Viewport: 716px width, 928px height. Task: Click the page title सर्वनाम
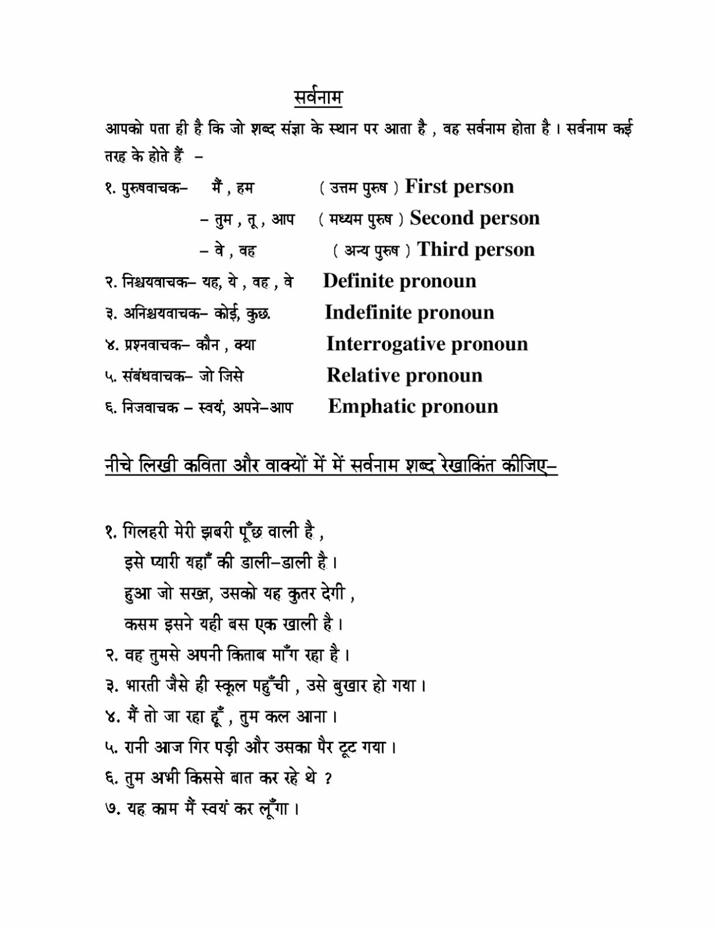tap(318, 97)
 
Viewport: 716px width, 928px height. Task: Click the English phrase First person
tap(459, 186)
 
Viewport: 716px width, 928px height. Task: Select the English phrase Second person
tap(474, 218)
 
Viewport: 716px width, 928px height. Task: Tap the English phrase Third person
tap(475, 250)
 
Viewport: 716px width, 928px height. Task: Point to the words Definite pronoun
tap(399, 281)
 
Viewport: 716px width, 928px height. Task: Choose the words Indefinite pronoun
tap(409, 312)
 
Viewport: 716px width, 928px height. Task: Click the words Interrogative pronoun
tap(427, 344)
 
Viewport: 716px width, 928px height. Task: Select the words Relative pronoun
tap(404, 376)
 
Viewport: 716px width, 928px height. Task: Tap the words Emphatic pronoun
tap(413, 407)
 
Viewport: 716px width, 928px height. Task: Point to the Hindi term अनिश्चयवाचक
tap(162, 314)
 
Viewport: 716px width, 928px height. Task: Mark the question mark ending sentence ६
tap(328, 779)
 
